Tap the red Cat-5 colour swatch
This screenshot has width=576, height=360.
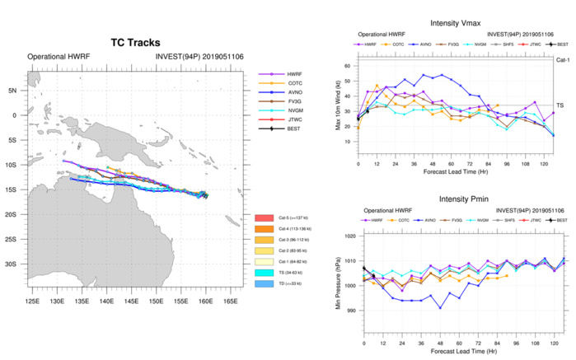coord(267,215)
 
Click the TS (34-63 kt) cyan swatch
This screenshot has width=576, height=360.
coord(267,273)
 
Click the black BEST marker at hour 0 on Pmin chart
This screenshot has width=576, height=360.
coord(363,268)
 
